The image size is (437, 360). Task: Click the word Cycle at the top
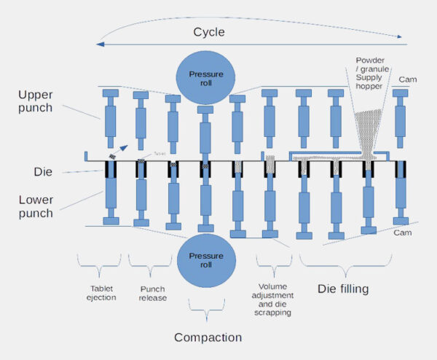pyautogui.click(x=209, y=32)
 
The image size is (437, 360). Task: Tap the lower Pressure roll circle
pyautogui.click(x=205, y=261)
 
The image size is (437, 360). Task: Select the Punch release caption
pyautogui.click(x=152, y=292)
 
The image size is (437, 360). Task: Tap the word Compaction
pyautogui.click(x=208, y=337)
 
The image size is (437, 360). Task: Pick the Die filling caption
pyautogui.click(x=344, y=289)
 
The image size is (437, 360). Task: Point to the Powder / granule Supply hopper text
pyautogui.click(x=376, y=73)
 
